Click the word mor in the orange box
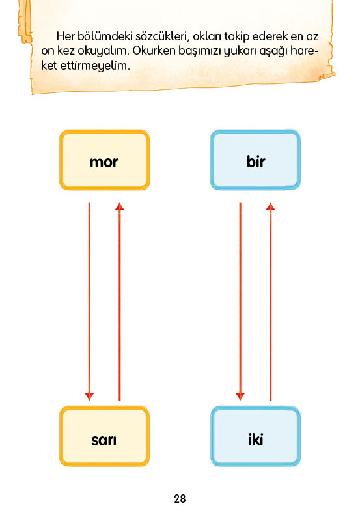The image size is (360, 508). click(104, 162)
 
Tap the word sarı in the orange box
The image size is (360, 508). click(104, 440)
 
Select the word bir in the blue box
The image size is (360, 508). click(256, 161)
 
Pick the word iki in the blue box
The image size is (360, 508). click(255, 440)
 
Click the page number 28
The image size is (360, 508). click(180, 498)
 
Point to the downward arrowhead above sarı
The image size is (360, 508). click(89, 396)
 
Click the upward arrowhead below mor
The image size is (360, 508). click(120, 206)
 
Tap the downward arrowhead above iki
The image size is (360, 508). click(240, 396)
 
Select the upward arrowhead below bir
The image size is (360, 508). click(271, 206)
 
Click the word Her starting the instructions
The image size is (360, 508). click(65, 36)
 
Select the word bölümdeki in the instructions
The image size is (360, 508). click(105, 36)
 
